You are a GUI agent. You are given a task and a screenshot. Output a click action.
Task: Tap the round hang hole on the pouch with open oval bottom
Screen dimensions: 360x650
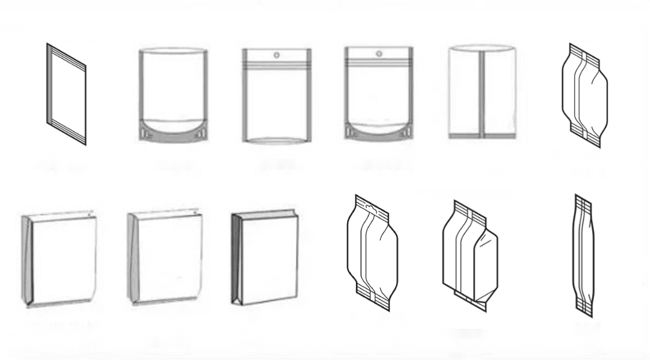[277, 55]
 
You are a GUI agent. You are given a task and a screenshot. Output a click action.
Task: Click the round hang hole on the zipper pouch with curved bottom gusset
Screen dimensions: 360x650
[379, 53]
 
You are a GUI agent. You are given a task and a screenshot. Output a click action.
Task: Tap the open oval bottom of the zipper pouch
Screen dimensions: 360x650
[277, 140]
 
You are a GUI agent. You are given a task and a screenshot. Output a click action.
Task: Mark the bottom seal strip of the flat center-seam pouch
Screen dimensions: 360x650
[482, 135]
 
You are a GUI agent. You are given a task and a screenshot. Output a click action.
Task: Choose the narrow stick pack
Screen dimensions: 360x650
[583, 256]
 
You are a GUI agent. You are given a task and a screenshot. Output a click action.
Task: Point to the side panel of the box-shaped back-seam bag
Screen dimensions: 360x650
[485, 264]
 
